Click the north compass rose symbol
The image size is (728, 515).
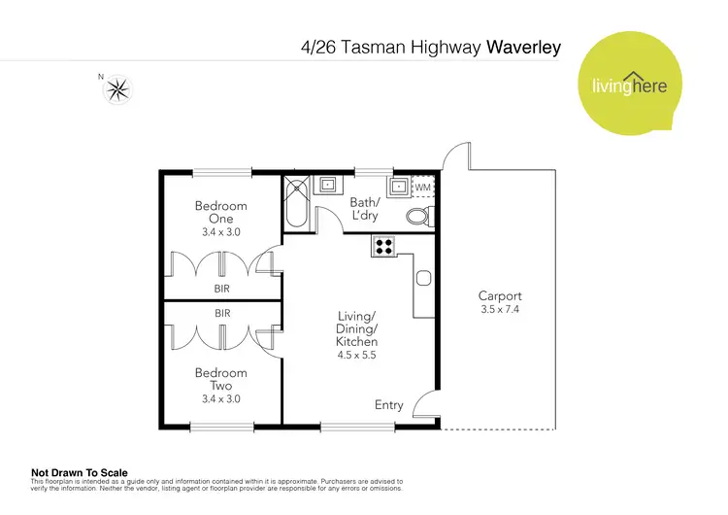point(118,89)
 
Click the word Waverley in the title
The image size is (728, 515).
point(524,46)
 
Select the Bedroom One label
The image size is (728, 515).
point(220,212)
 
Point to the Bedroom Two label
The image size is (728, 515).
point(220,379)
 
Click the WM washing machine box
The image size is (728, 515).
point(422,186)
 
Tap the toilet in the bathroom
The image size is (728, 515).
point(418,214)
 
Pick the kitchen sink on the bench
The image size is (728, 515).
point(423,279)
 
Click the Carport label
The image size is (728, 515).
point(500,296)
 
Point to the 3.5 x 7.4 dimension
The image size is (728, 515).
point(500,310)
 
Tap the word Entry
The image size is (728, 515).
point(388,404)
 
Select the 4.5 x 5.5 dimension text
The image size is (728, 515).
point(356,356)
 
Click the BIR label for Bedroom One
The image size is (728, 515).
point(222,289)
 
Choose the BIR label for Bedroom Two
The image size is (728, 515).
point(222,313)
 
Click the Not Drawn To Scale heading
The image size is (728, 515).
point(80,473)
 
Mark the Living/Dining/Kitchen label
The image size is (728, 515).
point(356,328)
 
